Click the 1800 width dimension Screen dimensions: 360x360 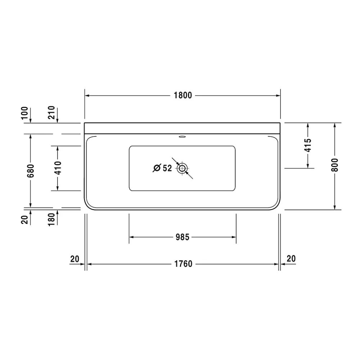[183, 95]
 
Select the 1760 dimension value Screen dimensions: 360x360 [183, 264]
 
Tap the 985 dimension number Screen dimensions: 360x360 [183, 237]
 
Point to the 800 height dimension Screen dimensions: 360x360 [335, 165]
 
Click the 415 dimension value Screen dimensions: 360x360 [308, 145]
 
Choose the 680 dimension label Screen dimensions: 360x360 [31, 171]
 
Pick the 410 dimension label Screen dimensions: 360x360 [58, 168]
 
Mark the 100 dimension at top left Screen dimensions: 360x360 [24, 113]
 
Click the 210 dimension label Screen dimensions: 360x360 [51, 112]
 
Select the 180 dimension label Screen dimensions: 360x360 [51, 220]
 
